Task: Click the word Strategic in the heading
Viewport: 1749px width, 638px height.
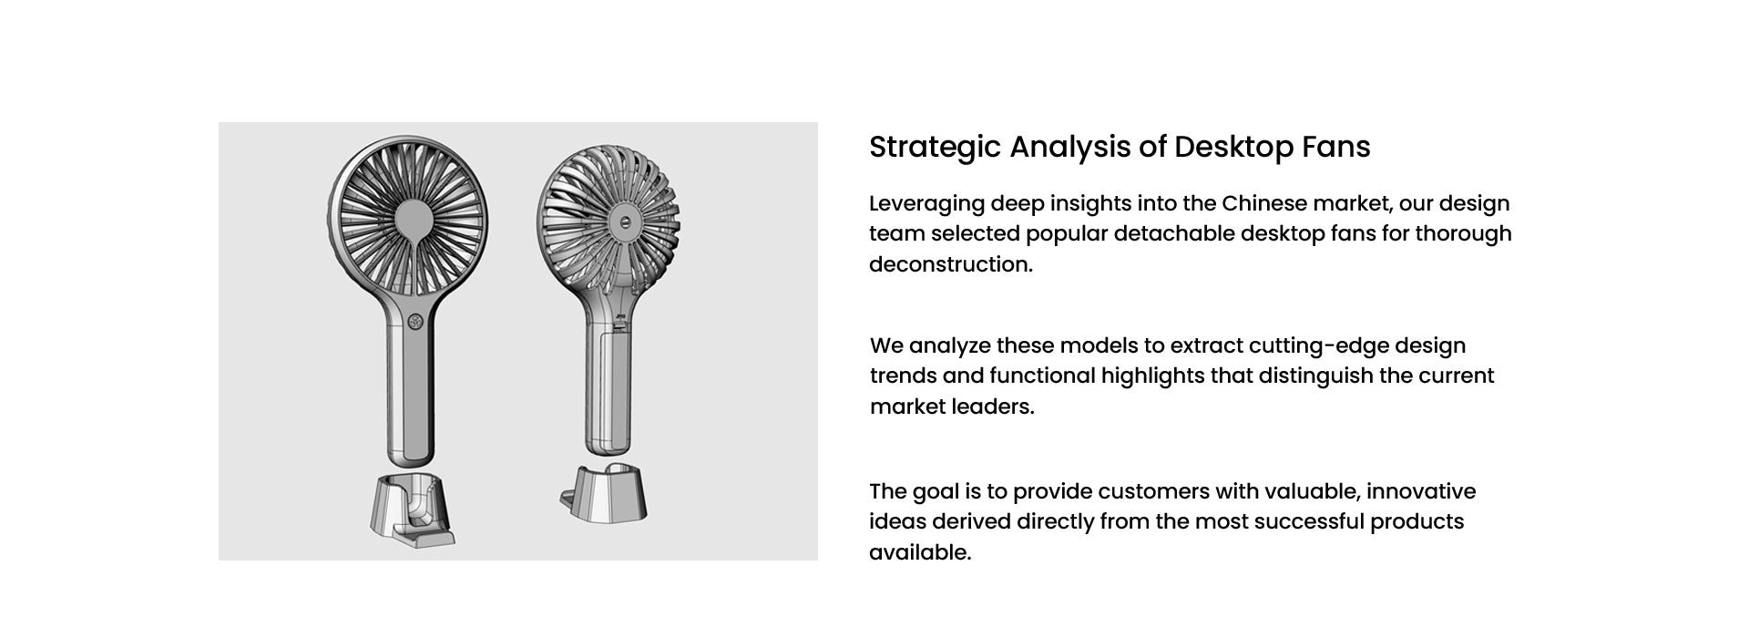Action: pos(936,148)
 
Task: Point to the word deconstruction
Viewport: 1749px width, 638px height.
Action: pos(951,264)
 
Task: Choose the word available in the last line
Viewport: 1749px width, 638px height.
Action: pos(920,552)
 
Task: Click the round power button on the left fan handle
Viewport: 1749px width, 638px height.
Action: pos(415,322)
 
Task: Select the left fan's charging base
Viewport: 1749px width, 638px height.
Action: pos(413,509)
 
